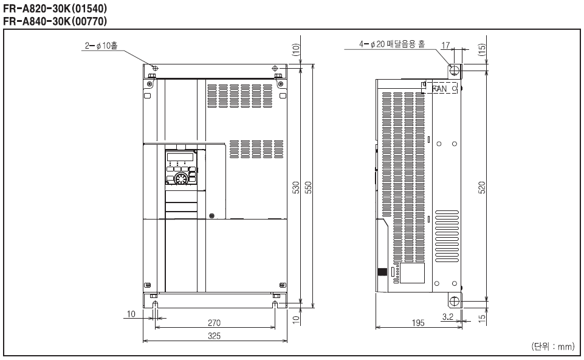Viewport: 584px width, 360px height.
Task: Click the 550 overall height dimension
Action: [308, 187]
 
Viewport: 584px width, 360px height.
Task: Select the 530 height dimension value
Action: [296, 187]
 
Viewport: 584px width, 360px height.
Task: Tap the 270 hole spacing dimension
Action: [214, 323]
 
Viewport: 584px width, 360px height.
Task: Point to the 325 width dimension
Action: [214, 336]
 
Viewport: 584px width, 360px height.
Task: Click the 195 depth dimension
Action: [418, 323]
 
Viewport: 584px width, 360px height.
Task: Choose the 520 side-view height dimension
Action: [481, 187]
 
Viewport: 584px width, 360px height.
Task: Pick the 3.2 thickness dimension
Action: [448, 317]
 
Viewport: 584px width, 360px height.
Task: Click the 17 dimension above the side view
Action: [445, 46]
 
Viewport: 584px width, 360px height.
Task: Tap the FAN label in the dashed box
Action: [439, 89]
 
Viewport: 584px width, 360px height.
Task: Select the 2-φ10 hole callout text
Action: [101, 46]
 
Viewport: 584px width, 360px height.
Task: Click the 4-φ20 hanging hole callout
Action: [392, 44]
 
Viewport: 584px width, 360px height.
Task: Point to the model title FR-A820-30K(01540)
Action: [55, 8]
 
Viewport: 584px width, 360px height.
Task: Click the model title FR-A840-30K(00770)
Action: [55, 21]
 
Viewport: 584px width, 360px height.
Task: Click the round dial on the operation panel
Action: [181, 179]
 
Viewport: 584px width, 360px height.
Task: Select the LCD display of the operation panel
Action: [180, 156]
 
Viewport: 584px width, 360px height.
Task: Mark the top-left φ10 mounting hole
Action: [156, 68]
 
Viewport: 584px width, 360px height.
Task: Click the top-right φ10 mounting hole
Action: [275, 68]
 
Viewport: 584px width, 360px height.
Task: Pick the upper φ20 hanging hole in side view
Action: [455, 70]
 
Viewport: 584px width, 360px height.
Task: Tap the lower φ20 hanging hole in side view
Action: [455, 301]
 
